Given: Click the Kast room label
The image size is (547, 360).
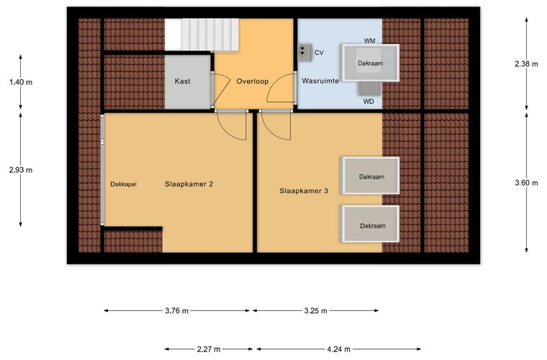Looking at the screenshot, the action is click(182, 81).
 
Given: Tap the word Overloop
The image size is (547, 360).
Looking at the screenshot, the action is click(253, 81).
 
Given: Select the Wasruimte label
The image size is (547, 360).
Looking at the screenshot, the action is click(320, 81).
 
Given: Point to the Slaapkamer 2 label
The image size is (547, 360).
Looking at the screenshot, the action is click(189, 184).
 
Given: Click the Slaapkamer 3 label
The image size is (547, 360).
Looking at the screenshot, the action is click(304, 191).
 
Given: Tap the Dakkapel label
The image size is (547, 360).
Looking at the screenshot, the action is click(123, 184).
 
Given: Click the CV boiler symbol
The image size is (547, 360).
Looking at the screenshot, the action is click(304, 53).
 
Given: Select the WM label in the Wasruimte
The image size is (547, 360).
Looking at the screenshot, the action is click(369, 41).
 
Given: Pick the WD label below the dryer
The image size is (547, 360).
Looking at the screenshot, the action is click(369, 102).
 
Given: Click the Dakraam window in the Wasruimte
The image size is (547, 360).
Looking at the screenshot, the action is click(371, 63).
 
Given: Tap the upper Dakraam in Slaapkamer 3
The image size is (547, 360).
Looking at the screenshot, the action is click(371, 176).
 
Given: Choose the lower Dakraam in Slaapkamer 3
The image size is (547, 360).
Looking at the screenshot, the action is click(371, 224).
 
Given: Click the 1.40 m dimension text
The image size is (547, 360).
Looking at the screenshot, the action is click(21, 82).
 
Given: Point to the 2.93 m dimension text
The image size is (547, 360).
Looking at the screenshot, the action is click(21, 170).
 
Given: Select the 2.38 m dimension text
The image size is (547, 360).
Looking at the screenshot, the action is click(526, 64).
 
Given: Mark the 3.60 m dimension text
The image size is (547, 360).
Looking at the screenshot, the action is click(526, 183).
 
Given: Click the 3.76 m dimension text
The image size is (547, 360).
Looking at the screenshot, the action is click(177, 311).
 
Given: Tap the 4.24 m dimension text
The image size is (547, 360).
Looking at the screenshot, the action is click(339, 349).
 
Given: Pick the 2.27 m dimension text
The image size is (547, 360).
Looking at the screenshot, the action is click(209, 349).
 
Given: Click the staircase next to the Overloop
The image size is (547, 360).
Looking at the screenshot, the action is click(202, 35).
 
